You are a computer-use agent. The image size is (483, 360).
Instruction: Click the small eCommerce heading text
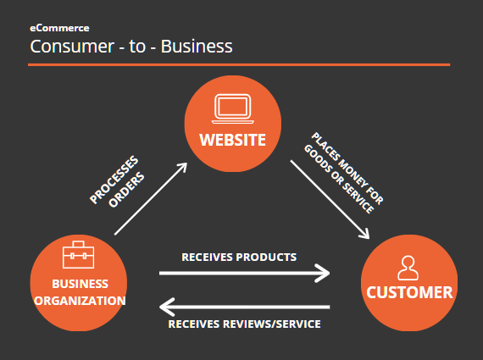click(59, 28)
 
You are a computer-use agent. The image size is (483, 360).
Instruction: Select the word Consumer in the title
click(72, 47)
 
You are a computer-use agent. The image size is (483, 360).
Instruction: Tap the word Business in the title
click(197, 47)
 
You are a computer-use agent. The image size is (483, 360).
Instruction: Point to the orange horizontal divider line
click(239, 64)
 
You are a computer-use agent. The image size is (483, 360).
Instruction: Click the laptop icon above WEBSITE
click(233, 108)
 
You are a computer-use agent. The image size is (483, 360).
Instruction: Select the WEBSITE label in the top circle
click(232, 140)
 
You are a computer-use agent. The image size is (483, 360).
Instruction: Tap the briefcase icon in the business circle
click(79, 255)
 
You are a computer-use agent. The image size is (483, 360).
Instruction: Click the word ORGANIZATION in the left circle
click(80, 301)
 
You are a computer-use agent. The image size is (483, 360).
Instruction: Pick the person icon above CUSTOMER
click(408, 268)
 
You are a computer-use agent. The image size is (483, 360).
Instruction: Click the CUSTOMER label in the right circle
click(409, 292)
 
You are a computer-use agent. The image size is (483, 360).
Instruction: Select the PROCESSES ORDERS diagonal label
click(117, 181)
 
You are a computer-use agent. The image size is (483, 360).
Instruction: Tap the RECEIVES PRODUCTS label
click(239, 258)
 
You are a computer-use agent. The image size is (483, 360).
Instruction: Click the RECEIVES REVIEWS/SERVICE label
click(245, 324)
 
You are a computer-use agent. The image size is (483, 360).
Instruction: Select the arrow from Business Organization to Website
click(151, 198)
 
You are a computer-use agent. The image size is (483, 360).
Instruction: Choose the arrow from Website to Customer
click(330, 199)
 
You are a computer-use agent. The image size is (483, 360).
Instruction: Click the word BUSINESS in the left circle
click(80, 284)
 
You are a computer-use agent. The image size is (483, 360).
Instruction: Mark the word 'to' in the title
click(137, 47)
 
